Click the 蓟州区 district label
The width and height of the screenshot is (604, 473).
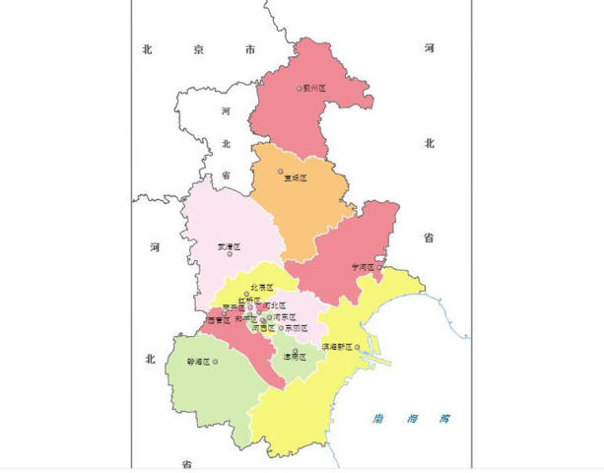pyautogui.click(x=315, y=89)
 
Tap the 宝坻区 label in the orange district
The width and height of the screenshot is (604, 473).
pyautogui.click(x=296, y=178)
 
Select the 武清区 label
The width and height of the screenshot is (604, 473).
pyautogui.click(x=229, y=246)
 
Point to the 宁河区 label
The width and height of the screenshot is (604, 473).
pyautogui.click(x=364, y=267)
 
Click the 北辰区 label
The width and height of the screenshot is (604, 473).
pyautogui.click(x=261, y=287)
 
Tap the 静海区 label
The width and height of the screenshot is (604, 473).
pyautogui.click(x=198, y=362)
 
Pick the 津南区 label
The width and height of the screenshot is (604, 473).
pyautogui.click(x=295, y=356)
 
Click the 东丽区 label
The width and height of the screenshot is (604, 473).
pyautogui.click(x=297, y=328)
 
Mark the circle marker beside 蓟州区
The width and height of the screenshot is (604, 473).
pyautogui.click(x=300, y=89)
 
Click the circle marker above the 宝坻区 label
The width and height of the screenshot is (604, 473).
pyautogui.click(x=281, y=170)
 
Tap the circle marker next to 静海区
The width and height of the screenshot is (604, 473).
pyautogui.click(x=215, y=362)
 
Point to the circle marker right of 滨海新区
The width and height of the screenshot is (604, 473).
pyautogui.click(x=357, y=347)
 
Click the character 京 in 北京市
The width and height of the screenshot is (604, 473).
pyautogui.click(x=199, y=48)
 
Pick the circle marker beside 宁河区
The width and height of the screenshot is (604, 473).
pyautogui.click(x=379, y=267)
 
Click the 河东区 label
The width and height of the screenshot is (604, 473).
pyautogui.click(x=284, y=317)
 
